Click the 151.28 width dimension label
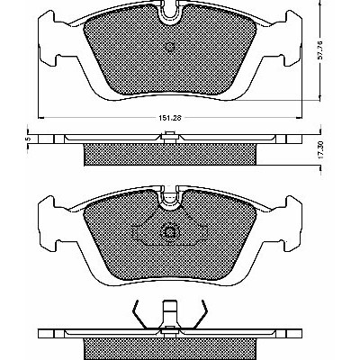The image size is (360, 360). (170, 118)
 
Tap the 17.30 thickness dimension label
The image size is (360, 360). (320, 150)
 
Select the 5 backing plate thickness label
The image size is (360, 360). (27, 139)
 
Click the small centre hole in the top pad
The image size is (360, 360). (170, 47)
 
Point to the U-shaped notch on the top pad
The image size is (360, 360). (170, 13)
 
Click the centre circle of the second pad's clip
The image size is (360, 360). (170, 232)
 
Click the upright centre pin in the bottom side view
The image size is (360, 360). (170, 313)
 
